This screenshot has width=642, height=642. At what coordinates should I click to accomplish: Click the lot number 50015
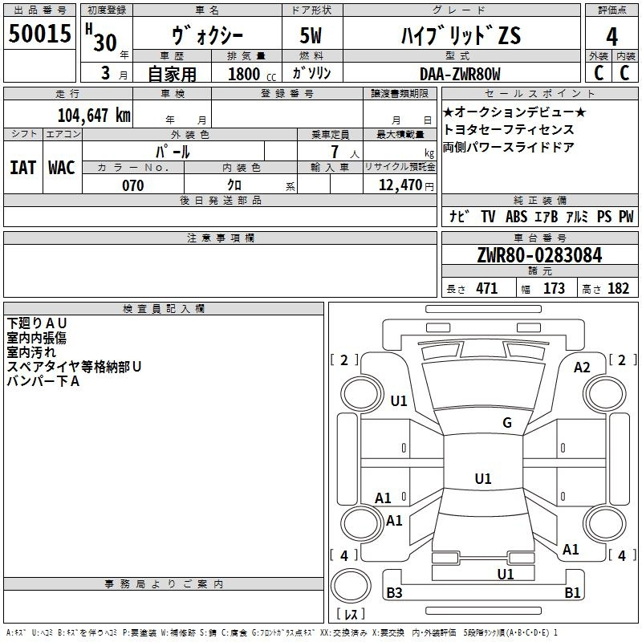(x=39, y=33)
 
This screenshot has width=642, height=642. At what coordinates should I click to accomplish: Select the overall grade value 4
(x=612, y=37)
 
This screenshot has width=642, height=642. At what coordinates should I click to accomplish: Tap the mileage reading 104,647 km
(x=94, y=116)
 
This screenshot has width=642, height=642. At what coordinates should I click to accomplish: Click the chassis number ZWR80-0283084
(x=539, y=255)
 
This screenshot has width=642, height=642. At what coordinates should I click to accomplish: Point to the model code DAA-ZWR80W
(x=460, y=74)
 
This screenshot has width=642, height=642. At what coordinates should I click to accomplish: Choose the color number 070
(x=133, y=185)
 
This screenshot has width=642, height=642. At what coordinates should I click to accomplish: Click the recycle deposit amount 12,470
(x=400, y=185)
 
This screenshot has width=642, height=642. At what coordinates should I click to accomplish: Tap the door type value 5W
(x=311, y=35)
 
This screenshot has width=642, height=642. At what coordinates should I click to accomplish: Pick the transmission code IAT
(x=23, y=168)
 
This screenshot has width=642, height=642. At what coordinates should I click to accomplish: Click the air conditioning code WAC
(x=62, y=168)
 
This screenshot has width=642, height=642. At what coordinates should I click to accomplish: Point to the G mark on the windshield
(x=507, y=423)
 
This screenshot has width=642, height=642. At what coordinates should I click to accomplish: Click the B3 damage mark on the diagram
(x=394, y=592)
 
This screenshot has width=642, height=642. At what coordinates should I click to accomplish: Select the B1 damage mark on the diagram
(x=572, y=592)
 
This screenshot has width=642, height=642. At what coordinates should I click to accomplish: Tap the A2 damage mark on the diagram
(x=582, y=368)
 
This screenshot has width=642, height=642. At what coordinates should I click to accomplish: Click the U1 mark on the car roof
(x=483, y=478)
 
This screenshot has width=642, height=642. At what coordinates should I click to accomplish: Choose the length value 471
(x=487, y=289)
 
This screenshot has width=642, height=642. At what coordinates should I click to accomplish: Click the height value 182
(x=618, y=289)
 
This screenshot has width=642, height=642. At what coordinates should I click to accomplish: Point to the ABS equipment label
(x=516, y=217)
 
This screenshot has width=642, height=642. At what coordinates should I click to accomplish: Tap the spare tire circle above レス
(x=351, y=585)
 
